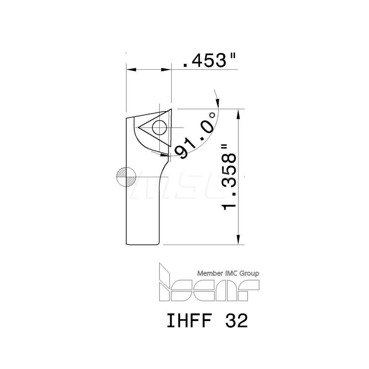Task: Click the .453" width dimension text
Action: (x=209, y=61)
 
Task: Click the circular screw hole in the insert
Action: (x=159, y=128)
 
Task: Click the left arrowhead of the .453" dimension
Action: (x=130, y=69)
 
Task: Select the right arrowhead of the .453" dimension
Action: (x=168, y=69)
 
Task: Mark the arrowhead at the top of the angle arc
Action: (x=217, y=100)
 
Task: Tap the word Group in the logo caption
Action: (x=250, y=273)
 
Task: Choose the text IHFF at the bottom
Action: (x=187, y=321)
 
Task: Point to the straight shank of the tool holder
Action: (x=144, y=214)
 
